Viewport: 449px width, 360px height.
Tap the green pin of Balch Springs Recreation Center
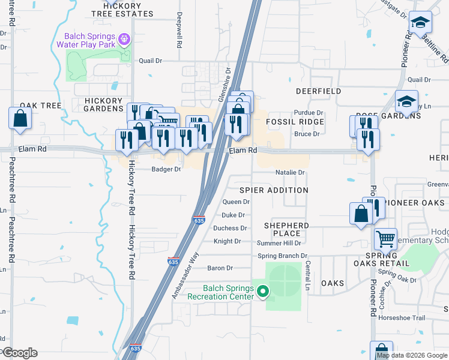[262, 292]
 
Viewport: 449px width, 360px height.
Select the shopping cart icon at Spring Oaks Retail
[385, 239]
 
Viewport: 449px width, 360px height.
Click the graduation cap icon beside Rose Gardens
[406, 101]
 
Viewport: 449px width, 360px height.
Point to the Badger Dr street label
[166, 169]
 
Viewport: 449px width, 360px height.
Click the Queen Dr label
[235, 202]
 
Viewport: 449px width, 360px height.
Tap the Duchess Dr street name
[230, 228]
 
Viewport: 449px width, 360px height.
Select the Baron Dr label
[220, 268]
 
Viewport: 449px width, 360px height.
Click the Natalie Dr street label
[290, 172]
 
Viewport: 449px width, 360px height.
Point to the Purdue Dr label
[309, 112]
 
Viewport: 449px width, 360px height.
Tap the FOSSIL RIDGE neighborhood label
[295, 122]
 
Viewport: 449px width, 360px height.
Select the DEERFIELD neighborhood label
[318, 91]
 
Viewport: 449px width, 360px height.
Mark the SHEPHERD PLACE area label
[287, 229]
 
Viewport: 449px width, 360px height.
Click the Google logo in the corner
[20, 353]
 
